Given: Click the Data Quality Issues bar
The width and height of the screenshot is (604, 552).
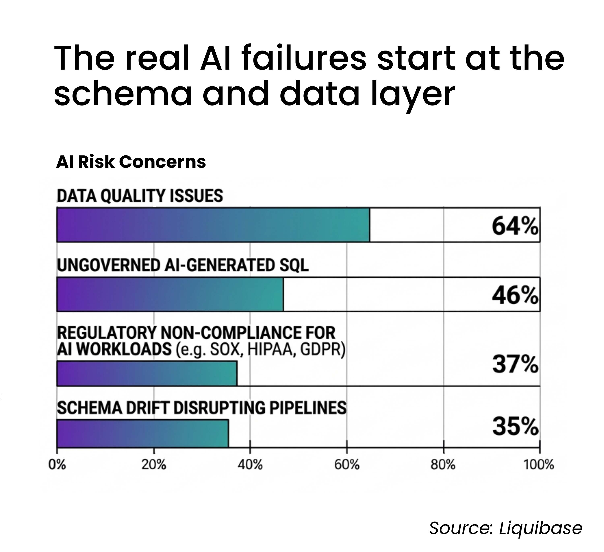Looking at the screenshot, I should pyautogui.click(x=213, y=225).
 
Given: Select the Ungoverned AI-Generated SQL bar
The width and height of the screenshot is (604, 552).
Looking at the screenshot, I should pyautogui.click(x=170, y=294).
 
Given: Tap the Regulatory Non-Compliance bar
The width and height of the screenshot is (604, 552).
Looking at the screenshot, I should pyautogui.click(x=147, y=373).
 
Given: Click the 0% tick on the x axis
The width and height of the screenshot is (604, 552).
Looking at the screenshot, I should pyautogui.click(x=57, y=465).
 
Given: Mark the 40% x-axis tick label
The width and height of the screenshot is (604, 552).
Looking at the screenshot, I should pyautogui.click(x=250, y=465).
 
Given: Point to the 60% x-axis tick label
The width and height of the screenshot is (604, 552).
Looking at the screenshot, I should pyautogui.click(x=347, y=465).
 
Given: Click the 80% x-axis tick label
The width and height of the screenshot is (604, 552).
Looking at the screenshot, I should pyautogui.click(x=443, y=465).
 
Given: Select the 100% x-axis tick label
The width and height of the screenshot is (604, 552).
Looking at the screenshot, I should pyautogui.click(x=539, y=465).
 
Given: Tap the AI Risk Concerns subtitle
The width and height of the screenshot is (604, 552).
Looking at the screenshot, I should pyautogui.click(x=131, y=162).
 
